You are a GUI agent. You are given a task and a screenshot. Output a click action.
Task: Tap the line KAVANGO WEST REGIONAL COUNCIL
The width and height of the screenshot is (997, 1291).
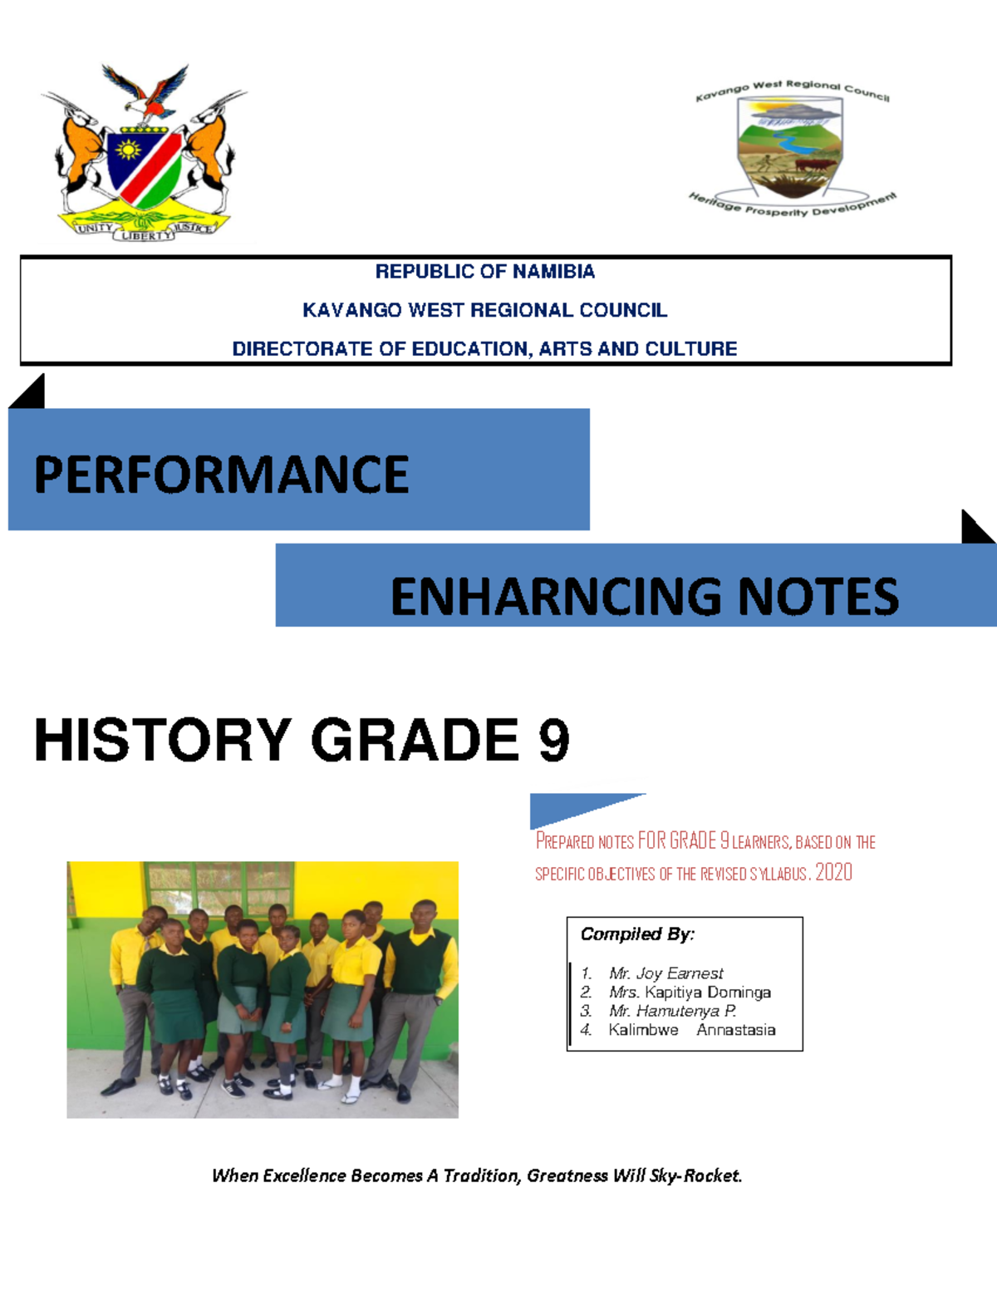click(x=484, y=310)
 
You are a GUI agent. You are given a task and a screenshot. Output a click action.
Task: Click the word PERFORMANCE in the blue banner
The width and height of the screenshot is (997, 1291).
click(x=221, y=475)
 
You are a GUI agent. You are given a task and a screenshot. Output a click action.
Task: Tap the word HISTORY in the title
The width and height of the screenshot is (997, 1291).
click(x=163, y=740)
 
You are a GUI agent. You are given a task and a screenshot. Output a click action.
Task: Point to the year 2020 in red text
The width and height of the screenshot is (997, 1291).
click(x=833, y=872)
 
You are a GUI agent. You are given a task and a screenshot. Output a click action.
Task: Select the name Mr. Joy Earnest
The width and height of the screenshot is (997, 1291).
click(x=665, y=973)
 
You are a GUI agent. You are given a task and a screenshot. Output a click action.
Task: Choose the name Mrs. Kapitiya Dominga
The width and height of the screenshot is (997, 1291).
click(x=690, y=993)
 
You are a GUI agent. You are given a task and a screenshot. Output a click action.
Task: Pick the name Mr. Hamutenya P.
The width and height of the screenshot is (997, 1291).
click(x=672, y=1012)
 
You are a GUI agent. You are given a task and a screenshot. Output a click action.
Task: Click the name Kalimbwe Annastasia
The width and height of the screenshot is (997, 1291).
click(x=692, y=1031)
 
